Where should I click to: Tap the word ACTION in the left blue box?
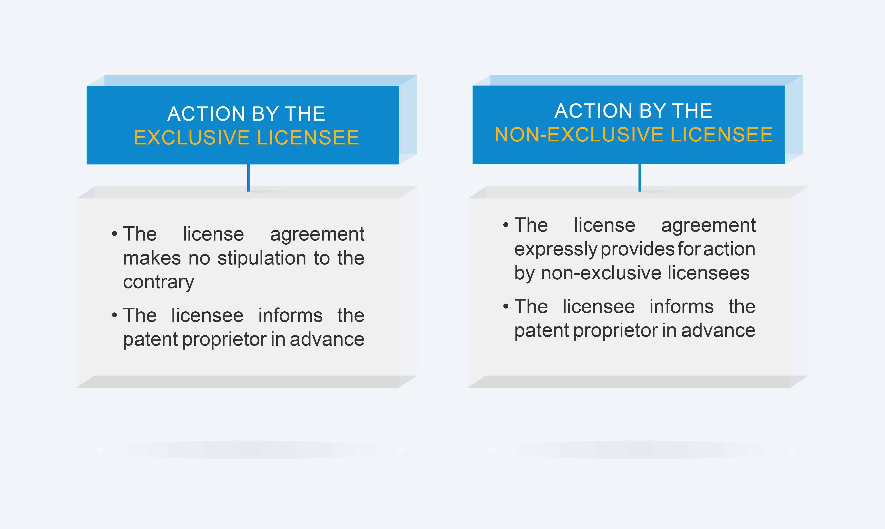point(206,114)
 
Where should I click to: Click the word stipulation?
point(262,258)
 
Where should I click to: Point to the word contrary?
point(159,283)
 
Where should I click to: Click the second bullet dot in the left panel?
point(114,315)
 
